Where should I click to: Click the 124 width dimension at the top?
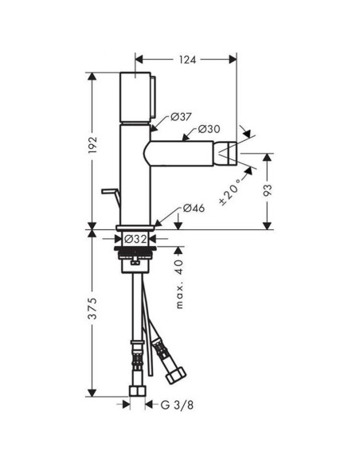(186, 58)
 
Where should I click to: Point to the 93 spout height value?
(268, 190)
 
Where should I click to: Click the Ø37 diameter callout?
(182, 116)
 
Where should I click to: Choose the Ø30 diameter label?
(209, 129)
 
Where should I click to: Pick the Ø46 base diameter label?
(195, 209)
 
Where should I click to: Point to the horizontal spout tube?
(183, 151)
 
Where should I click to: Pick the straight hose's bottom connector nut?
(139, 391)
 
